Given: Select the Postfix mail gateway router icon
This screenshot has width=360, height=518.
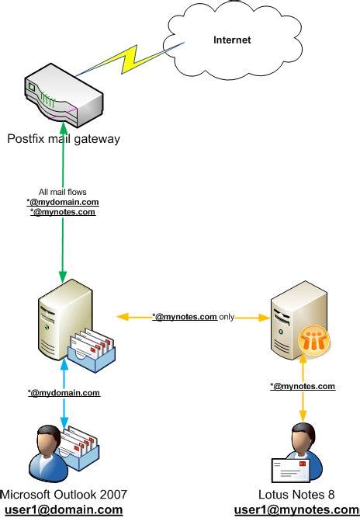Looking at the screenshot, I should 63,98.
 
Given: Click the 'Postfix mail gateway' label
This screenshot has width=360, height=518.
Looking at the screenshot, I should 64,139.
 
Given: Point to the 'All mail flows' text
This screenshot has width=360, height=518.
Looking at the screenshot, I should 62,192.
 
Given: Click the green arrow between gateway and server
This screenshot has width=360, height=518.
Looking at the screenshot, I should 61,249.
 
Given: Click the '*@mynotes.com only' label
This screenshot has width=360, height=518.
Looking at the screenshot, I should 193,317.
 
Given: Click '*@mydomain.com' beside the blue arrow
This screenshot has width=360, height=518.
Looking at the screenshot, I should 64,393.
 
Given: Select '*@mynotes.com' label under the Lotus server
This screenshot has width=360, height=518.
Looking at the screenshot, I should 303,386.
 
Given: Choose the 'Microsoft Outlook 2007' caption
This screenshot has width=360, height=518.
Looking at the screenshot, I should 64,495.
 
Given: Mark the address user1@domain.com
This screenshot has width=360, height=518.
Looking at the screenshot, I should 64,509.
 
